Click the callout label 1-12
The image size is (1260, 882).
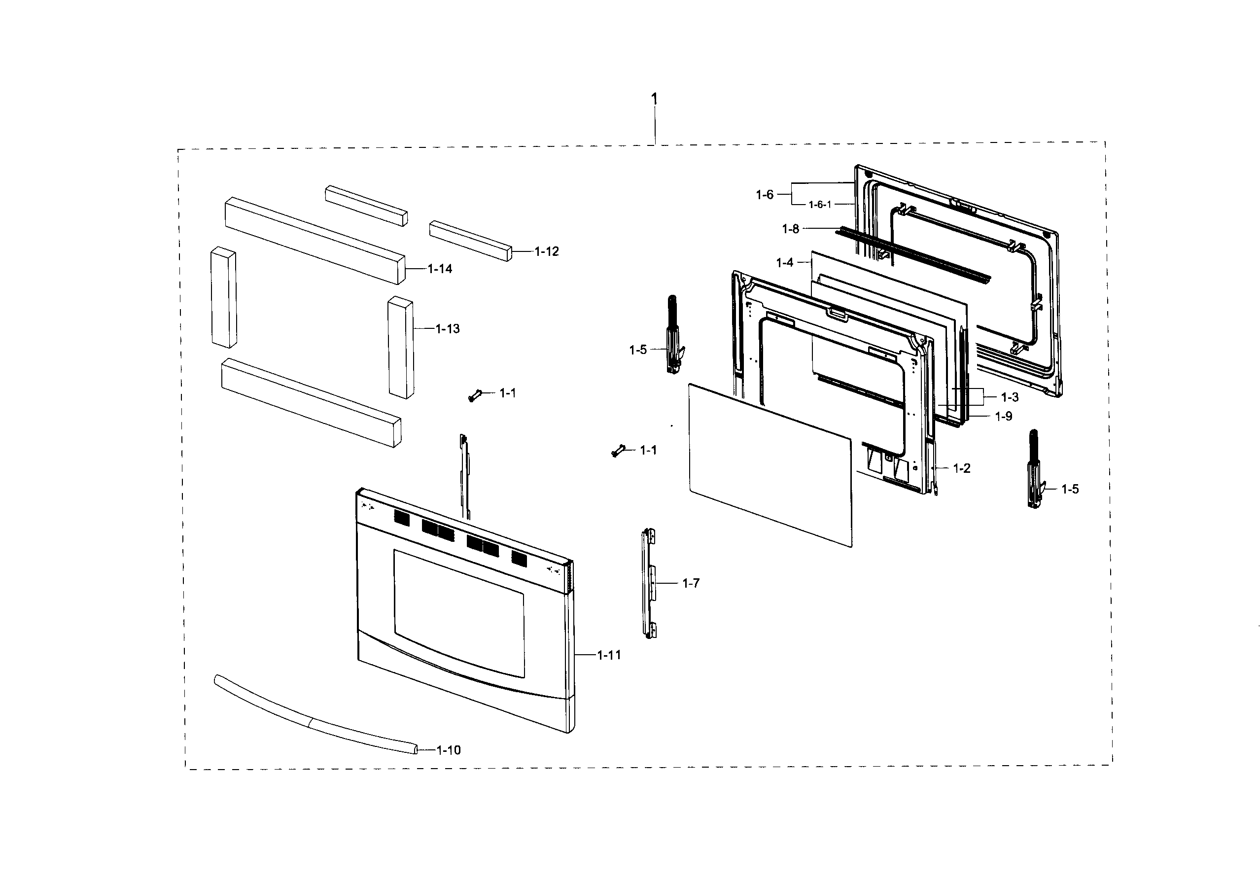pos(547,251)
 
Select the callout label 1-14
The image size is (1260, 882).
pos(440,269)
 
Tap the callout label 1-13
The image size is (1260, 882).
pos(447,329)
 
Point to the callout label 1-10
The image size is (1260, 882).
pos(449,750)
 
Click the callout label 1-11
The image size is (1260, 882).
pos(609,655)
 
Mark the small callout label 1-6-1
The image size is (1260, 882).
pos(820,205)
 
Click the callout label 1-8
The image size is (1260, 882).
pos(790,229)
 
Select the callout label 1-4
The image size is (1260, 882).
pos(784,263)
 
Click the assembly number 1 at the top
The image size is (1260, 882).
pos(654,99)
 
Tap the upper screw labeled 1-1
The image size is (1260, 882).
pos(474,395)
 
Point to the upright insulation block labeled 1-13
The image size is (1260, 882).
pos(401,348)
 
